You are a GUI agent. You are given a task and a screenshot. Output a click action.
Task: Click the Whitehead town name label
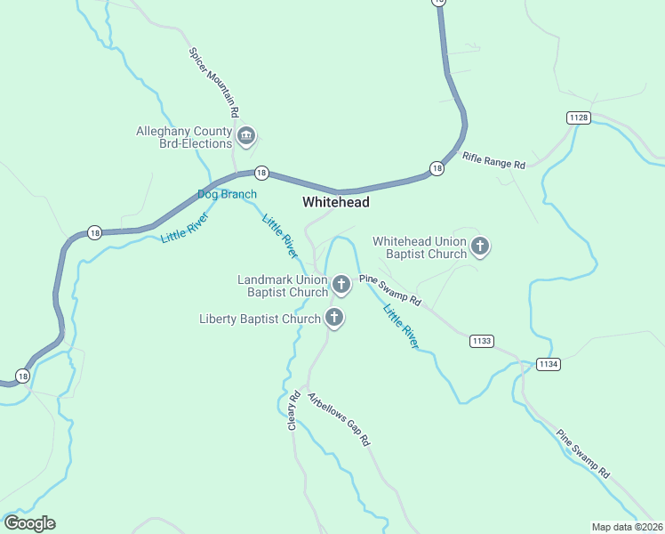[x=335, y=203]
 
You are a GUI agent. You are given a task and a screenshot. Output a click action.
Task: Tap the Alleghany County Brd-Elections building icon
[x=246, y=136]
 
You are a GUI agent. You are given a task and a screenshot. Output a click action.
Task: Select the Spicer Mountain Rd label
[x=213, y=83]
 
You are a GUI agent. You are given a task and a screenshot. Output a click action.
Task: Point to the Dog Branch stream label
[x=227, y=194]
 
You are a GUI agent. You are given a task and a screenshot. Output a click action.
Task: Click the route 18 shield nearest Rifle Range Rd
[x=437, y=168]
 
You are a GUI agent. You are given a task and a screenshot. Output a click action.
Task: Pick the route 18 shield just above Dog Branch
[x=260, y=172]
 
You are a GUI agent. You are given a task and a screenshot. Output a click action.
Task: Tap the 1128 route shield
[x=578, y=117]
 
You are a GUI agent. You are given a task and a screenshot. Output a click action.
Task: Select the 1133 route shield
[x=482, y=341]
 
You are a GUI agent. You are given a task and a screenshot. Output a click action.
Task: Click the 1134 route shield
[x=548, y=364]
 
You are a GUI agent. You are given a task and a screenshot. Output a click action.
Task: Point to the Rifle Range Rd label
[x=494, y=161]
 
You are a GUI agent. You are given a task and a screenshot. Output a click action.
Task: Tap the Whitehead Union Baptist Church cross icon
[x=480, y=246]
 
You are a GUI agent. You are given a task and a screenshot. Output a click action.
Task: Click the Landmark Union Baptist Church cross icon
[x=341, y=285]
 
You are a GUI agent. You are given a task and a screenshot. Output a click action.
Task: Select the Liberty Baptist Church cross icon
[x=334, y=317]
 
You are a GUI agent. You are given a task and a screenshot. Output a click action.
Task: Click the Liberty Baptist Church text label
[x=260, y=319]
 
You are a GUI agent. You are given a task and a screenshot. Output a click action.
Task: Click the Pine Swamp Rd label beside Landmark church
[x=389, y=290]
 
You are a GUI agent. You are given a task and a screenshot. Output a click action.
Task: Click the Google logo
[x=29, y=523]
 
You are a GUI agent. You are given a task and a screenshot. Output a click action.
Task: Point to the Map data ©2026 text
[x=627, y=527]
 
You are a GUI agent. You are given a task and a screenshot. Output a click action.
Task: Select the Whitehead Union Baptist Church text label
[x=420, y=247]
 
